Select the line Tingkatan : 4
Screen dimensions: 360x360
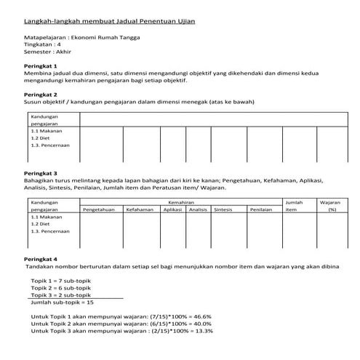44,44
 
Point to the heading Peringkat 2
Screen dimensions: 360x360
41,95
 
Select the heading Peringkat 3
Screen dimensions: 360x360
41,174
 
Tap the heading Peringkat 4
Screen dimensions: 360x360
41,259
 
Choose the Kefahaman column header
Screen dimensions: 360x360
140,209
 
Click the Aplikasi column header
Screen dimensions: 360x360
172,209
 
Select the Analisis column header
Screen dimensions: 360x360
198,209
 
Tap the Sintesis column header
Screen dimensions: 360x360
223,209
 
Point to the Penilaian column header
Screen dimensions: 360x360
260,209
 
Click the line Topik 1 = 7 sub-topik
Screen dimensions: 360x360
61,280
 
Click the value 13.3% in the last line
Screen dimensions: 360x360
204,331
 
